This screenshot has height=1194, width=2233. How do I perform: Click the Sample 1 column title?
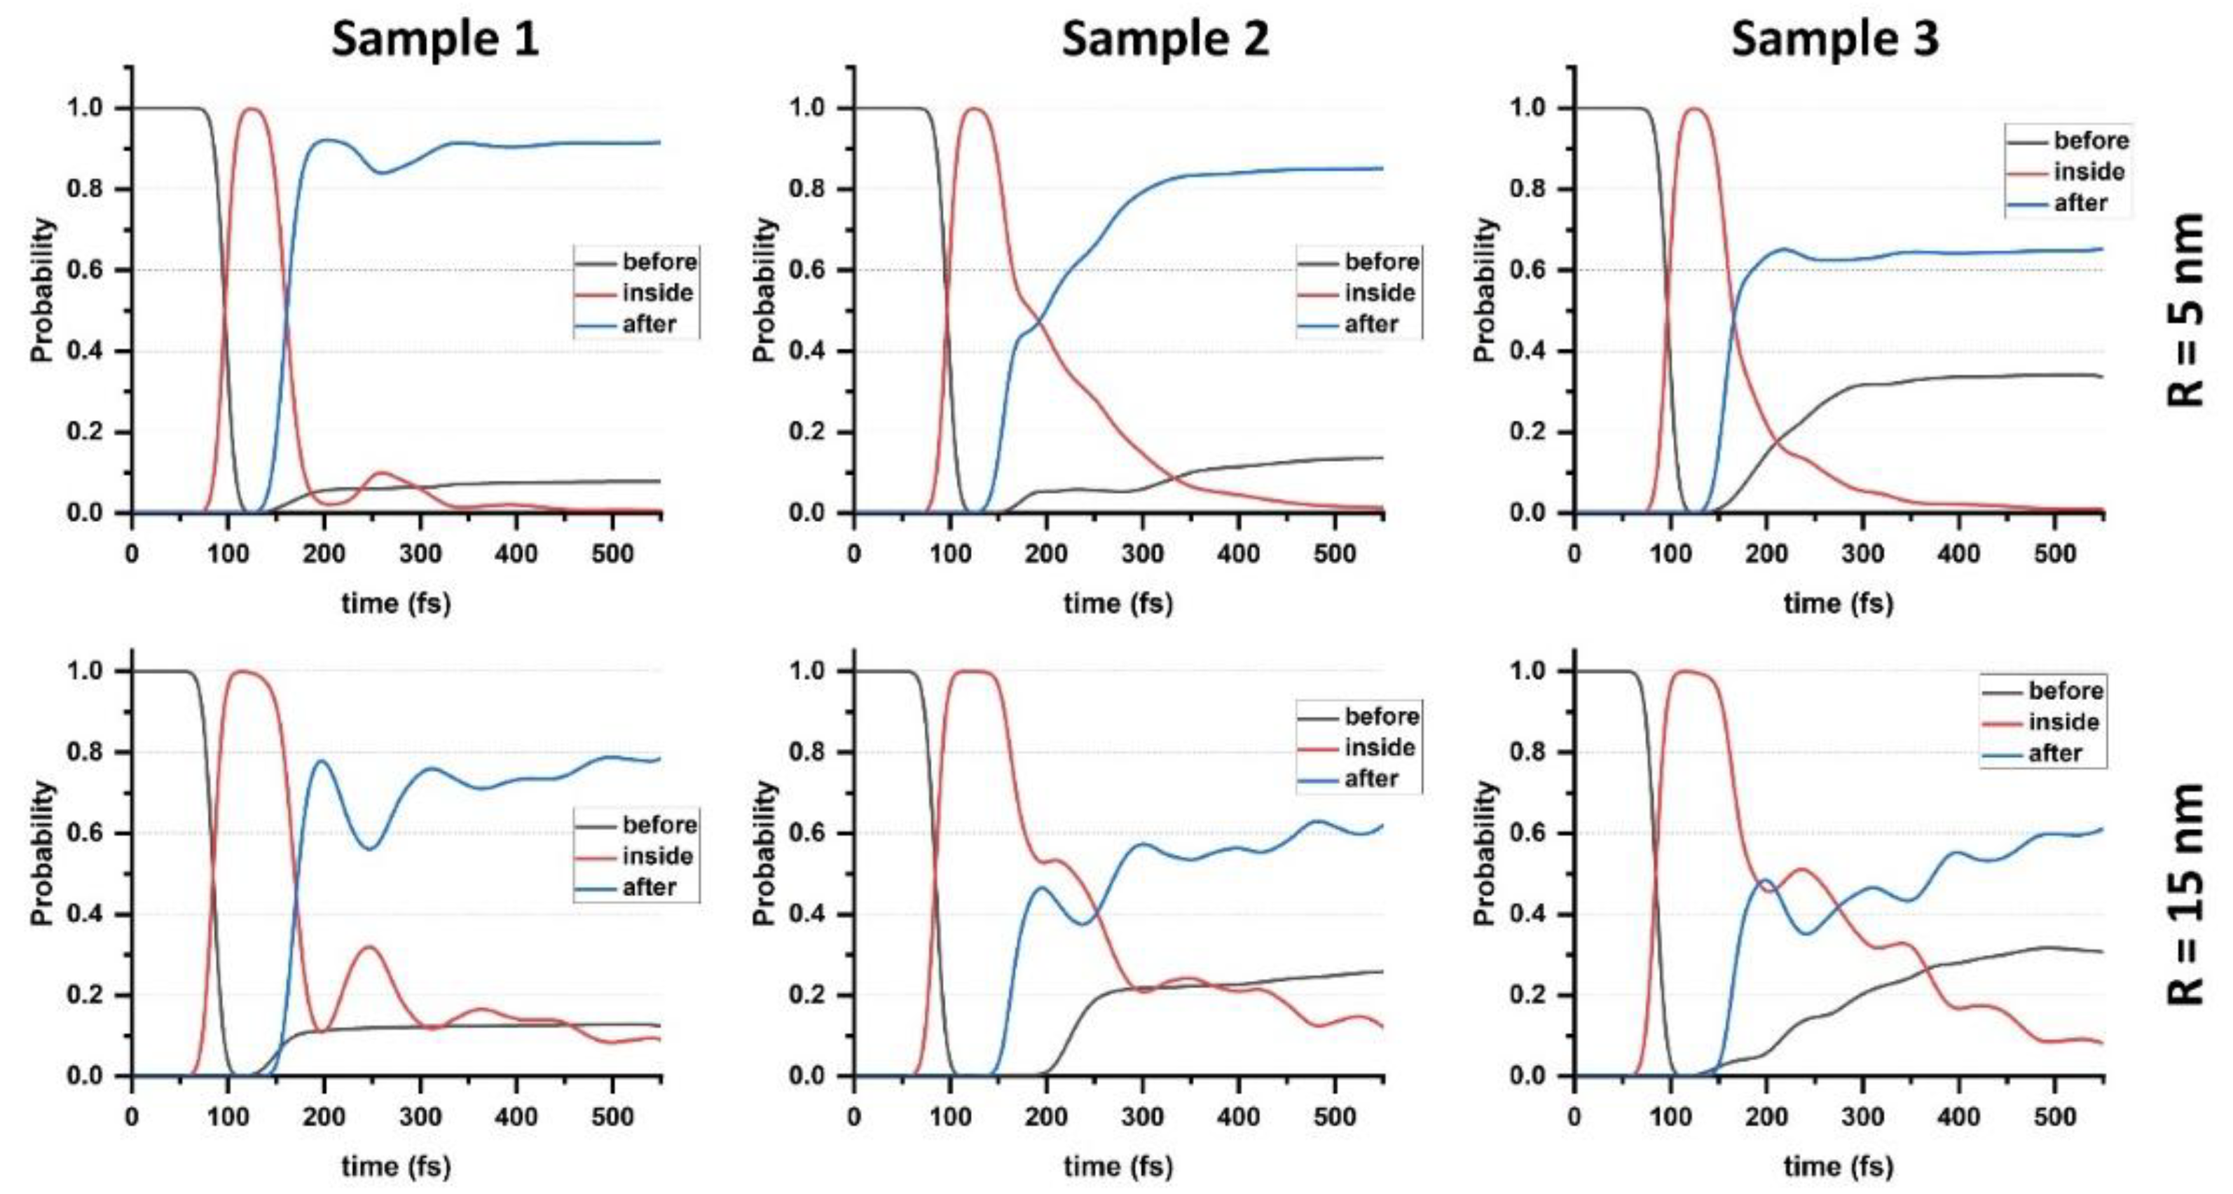435,39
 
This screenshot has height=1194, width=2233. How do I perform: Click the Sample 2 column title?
1165,39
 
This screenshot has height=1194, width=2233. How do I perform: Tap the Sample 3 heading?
1834,39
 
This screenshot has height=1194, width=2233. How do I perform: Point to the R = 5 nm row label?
2185,310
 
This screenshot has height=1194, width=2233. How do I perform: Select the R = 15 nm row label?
2185,893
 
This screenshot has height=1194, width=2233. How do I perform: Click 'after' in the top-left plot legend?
648,324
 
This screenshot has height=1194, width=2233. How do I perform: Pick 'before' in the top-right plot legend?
2090,140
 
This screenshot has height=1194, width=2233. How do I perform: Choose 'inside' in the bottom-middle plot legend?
1379,748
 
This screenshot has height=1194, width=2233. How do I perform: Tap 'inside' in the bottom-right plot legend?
2063,722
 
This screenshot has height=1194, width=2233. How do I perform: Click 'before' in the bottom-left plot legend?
659,825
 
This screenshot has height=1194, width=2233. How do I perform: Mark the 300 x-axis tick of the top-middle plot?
1143,554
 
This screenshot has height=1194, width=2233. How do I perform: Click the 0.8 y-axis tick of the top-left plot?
85,189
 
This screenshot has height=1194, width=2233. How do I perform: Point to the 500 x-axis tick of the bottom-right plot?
2054,1117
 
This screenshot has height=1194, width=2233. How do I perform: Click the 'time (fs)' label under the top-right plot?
1839,603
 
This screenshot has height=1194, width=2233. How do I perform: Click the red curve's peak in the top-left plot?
252,109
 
